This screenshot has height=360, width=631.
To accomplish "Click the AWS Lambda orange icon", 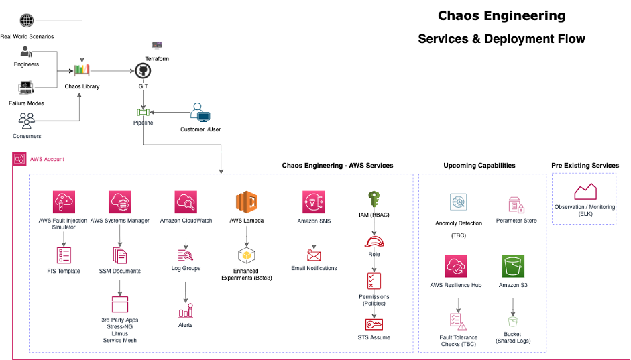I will [x=246, y=202].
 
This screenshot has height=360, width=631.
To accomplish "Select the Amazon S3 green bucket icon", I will [x=512, y=266].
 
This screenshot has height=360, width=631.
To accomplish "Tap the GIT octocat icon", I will [x=142, y=71].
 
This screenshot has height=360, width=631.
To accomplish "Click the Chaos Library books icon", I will [x=82, y=70].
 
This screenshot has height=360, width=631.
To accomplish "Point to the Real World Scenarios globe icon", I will [x=27, y=21].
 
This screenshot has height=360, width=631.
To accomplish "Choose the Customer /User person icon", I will [x=200, y=112].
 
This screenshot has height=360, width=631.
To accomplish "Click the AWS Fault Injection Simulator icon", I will [x=64, y=202].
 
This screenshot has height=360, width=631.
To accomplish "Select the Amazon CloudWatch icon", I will [x=185, y=202].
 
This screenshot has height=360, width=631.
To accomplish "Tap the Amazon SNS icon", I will [x=313, y=202].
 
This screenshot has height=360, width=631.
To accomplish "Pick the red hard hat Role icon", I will [x=374, y=242].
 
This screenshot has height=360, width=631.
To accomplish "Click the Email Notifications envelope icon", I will [x=313, y=255].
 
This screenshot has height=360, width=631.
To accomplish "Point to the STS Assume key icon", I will [x=374, y=324].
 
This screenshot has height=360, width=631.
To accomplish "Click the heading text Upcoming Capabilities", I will [x=479, y=165].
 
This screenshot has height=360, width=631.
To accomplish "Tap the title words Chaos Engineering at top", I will [x=501, y=16].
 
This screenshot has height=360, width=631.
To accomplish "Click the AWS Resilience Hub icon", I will [x=456, y=266].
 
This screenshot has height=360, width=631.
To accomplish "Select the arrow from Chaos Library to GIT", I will [x=114, y=70].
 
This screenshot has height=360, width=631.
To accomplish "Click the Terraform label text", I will [x=157, y=59].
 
